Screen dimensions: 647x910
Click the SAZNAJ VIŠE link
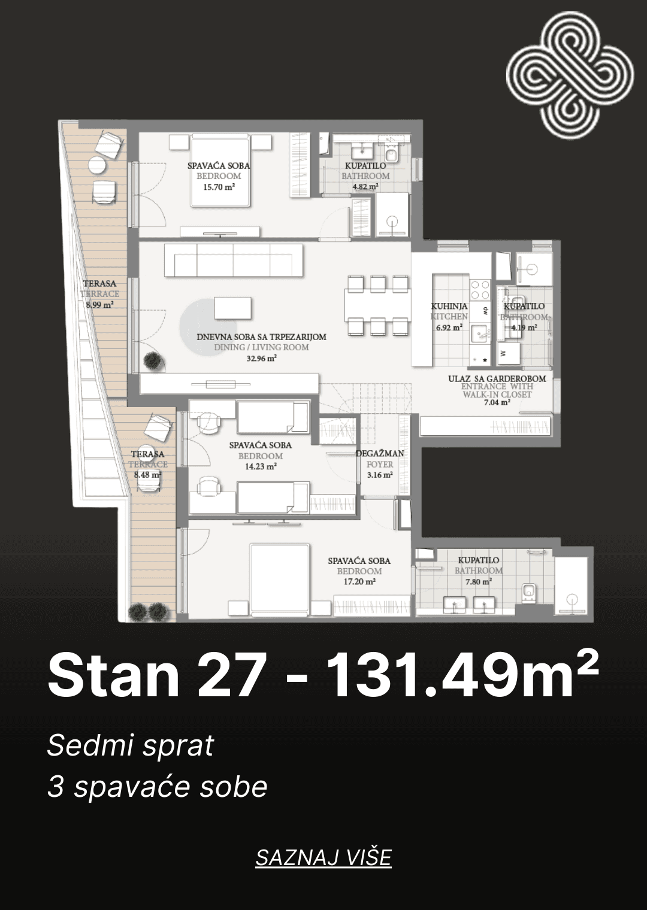coord(323,857)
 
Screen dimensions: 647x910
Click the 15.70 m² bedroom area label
coord(219,187)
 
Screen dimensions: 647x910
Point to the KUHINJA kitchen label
coord(449,306)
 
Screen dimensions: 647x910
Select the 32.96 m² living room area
coord(262,358)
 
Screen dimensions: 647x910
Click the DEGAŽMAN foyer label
coord(380,453)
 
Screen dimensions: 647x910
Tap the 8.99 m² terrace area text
coord(99,304)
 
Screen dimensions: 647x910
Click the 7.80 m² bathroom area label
coord(479,582)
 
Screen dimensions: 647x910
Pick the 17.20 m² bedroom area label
coord(359,582)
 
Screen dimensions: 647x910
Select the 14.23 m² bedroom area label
coord(261,466)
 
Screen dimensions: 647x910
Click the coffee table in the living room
coord(233,308)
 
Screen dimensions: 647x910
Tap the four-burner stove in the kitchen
coord(480,290)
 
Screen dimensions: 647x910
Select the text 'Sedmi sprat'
coord(131,745)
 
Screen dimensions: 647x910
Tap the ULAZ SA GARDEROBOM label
coord(497,378)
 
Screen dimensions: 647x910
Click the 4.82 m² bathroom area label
coord(366,186)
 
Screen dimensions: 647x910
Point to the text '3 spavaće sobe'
coord(158,787)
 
